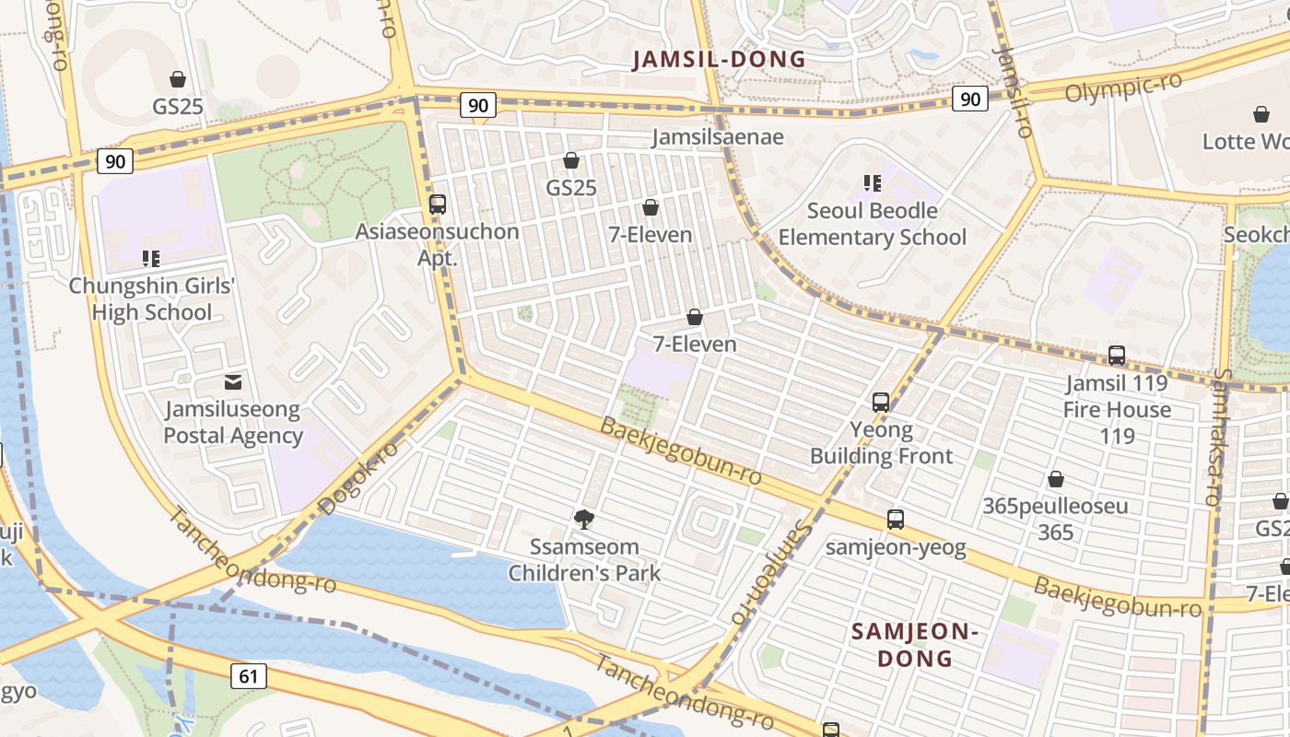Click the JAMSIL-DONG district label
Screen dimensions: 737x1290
pyautogui.click(x=719, y=60)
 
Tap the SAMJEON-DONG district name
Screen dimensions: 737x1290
pyautogui.click(x=914, y=645)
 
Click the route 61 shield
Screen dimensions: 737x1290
pyautogui.click(x=248, y=676)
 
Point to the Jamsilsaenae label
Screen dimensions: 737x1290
pyautogui.click(x=718, y=137)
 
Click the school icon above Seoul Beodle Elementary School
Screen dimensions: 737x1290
pyautogui.click(x=872, y=183)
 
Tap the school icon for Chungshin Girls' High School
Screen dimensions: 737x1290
pyautogui.click(x=151, y=259)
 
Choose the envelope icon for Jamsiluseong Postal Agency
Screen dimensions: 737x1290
pyautogui.click(x=233, y=381)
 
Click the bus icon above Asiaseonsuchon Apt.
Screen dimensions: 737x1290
pyautogui.click(x=438, y=205)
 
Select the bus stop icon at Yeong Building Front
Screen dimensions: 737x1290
pyautogui.click(x=881, y=403)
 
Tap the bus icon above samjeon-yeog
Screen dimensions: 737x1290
pyautogui.click(x=896, y=520)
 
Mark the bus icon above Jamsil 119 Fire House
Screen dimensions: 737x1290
pyautogui.click(x=1117, y=356)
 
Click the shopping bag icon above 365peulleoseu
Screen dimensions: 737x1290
pyautogui.click(x=1056, y=479)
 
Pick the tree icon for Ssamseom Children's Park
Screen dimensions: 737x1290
pyautogui.click(x=583, y=520)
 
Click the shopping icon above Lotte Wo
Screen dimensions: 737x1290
pyautogui.click(x=1261, y=114)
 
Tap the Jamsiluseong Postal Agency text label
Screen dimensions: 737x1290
pyautogui.click(x=233, y=423)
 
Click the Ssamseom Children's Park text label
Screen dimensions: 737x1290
pyautogui.click(x=584, y=560)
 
